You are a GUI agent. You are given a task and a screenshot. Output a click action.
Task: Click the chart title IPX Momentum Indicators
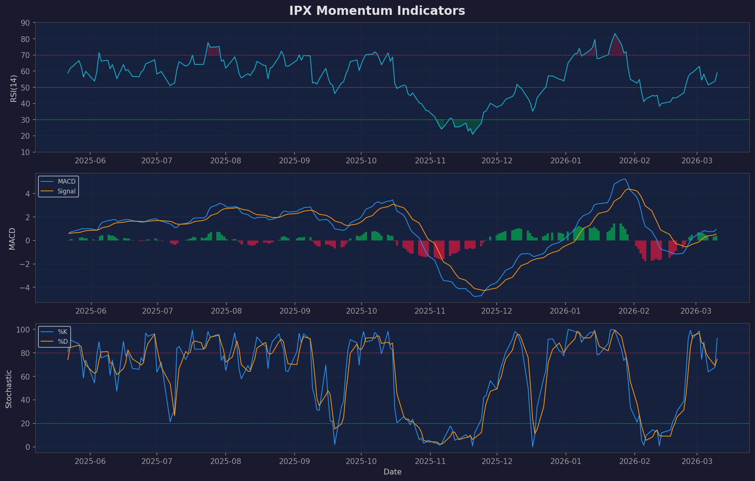(x=377, y=11)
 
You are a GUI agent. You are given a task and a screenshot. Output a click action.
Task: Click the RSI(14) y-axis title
(x=13, y=88)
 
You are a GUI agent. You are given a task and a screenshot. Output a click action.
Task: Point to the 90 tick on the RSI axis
(x=25, y=23)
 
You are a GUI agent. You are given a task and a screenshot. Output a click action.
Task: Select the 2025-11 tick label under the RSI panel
(x=430, y=160)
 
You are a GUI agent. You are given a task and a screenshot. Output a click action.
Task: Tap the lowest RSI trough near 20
(x=472, y=134)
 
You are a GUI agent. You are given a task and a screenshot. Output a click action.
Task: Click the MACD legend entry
(x=67, y=181)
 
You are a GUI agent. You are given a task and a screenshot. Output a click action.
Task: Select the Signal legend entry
(x=67, y=191)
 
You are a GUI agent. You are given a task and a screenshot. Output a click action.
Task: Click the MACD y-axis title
(x=12, y=238)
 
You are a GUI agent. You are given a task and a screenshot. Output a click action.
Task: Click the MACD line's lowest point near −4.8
(x=475, y=296)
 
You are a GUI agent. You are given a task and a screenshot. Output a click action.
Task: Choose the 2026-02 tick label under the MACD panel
(x=634, y=311)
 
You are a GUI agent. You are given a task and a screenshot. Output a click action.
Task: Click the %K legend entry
(x=62, y=332)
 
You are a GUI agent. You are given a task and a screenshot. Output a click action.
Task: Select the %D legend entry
(x=62, y=342)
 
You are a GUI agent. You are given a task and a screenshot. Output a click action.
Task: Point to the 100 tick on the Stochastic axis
(x=24, y=330)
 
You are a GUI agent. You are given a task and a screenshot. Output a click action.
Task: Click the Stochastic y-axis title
(x=9, y=389)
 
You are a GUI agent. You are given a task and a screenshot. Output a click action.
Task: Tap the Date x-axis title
(x=392, y=472)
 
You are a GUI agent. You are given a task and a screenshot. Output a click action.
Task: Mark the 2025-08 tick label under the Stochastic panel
(x=225, y=461)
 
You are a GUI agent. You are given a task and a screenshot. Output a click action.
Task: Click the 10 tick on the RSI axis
(x=25, y=152)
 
